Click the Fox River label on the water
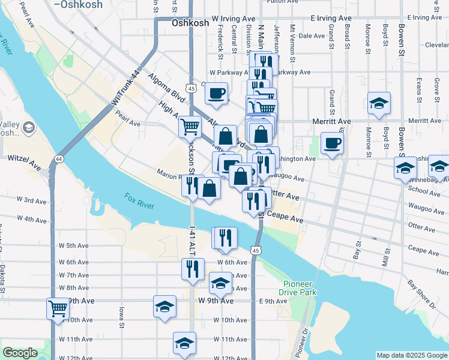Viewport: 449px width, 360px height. tap(139, 201)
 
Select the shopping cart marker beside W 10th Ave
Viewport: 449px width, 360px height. tap(58, 310)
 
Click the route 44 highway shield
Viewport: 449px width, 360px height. tap(58, 159)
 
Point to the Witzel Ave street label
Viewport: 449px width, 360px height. tap(24, 159)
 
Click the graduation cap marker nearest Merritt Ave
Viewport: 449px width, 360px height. tap(379, 104)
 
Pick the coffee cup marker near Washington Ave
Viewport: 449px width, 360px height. tap(332, 143)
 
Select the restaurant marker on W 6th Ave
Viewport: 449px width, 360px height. tap(193, 269)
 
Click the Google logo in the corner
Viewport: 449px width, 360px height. tap(20, 353)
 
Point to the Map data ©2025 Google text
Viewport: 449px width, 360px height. tap(412, 355)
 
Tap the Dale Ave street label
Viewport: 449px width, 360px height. tap(312, 36)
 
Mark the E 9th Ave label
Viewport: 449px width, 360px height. tap(274, 301)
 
